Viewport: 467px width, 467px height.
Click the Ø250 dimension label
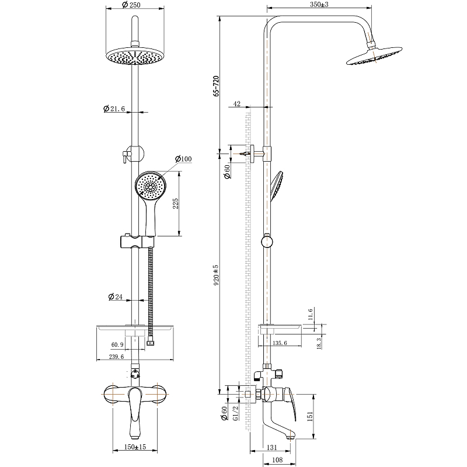point(131,5)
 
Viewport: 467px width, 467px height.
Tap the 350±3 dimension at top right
point(319,5)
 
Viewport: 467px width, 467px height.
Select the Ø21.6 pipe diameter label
point(114,109)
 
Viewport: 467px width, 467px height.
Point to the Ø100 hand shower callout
point(183,159)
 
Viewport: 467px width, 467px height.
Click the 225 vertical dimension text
point(176,203)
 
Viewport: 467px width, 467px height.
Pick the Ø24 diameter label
point(116,297)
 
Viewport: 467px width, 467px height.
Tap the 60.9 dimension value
point(117,344)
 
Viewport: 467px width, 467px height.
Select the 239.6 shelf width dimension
point(116,357)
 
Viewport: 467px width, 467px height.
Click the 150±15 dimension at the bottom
point(135,447)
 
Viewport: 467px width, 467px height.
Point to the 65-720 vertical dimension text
point(216,86)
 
